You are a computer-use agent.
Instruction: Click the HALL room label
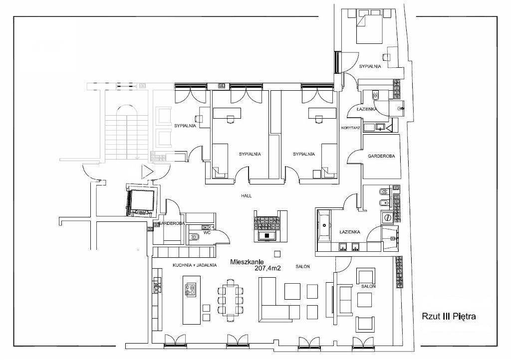click(247, 196)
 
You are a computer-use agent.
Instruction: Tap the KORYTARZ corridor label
click(350, 128)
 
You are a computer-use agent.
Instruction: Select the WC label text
click(207, 233)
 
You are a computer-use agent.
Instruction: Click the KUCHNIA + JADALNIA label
click(195, 265)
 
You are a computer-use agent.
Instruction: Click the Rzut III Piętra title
click(449, 316)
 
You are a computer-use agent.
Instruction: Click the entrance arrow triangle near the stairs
click(147, 171)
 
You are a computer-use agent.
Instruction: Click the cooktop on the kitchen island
click(190, 289)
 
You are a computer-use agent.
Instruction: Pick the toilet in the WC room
click(194, 237)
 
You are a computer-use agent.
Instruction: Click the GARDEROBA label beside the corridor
click(381, 156)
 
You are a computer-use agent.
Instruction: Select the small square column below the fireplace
click(277, 254)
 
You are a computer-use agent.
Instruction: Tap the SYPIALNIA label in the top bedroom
click(370, 66)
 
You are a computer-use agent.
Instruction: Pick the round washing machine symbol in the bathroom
click(388, 217)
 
